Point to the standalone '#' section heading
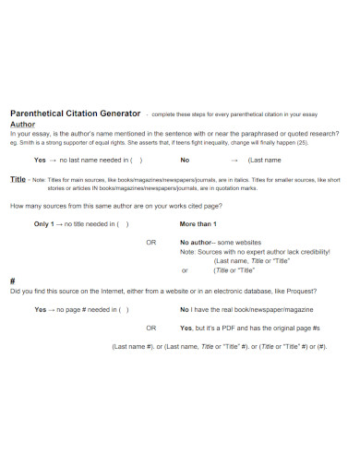12,280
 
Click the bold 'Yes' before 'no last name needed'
40,159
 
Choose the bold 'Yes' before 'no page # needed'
40,309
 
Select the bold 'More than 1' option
198,224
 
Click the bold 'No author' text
197,243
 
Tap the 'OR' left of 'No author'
151,243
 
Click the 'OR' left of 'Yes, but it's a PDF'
151,328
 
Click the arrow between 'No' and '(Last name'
222,159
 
